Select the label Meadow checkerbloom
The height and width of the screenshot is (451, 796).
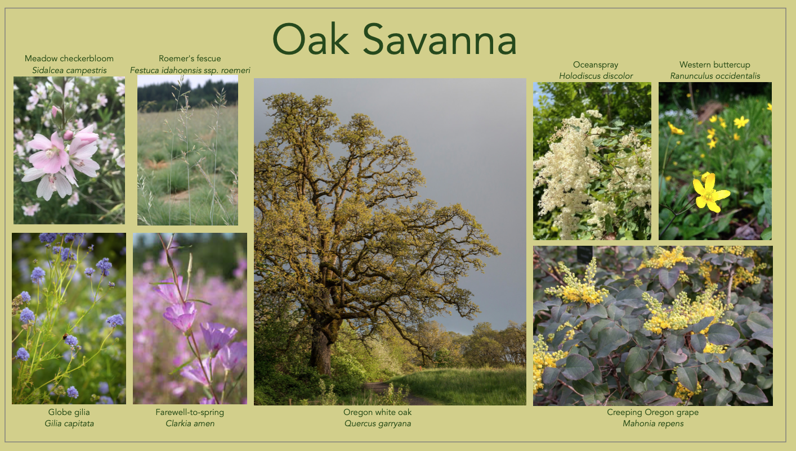69,58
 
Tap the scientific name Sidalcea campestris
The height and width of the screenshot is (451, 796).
69,70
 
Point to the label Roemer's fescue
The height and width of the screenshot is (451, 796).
190,58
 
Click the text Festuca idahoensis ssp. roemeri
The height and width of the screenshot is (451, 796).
190,70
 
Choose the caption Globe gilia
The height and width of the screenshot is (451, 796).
69,412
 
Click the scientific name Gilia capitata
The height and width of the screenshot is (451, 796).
69,423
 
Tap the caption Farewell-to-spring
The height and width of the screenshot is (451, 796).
190,412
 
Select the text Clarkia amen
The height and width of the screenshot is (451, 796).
190,423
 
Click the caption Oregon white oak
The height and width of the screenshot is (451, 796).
378,412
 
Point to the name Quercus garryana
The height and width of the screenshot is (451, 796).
378,423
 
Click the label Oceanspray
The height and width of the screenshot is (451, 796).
596,65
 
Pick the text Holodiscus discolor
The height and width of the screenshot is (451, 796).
596,76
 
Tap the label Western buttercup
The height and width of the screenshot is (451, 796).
714,65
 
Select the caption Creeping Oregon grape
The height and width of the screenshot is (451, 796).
652,412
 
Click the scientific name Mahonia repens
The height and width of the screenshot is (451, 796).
652,423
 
